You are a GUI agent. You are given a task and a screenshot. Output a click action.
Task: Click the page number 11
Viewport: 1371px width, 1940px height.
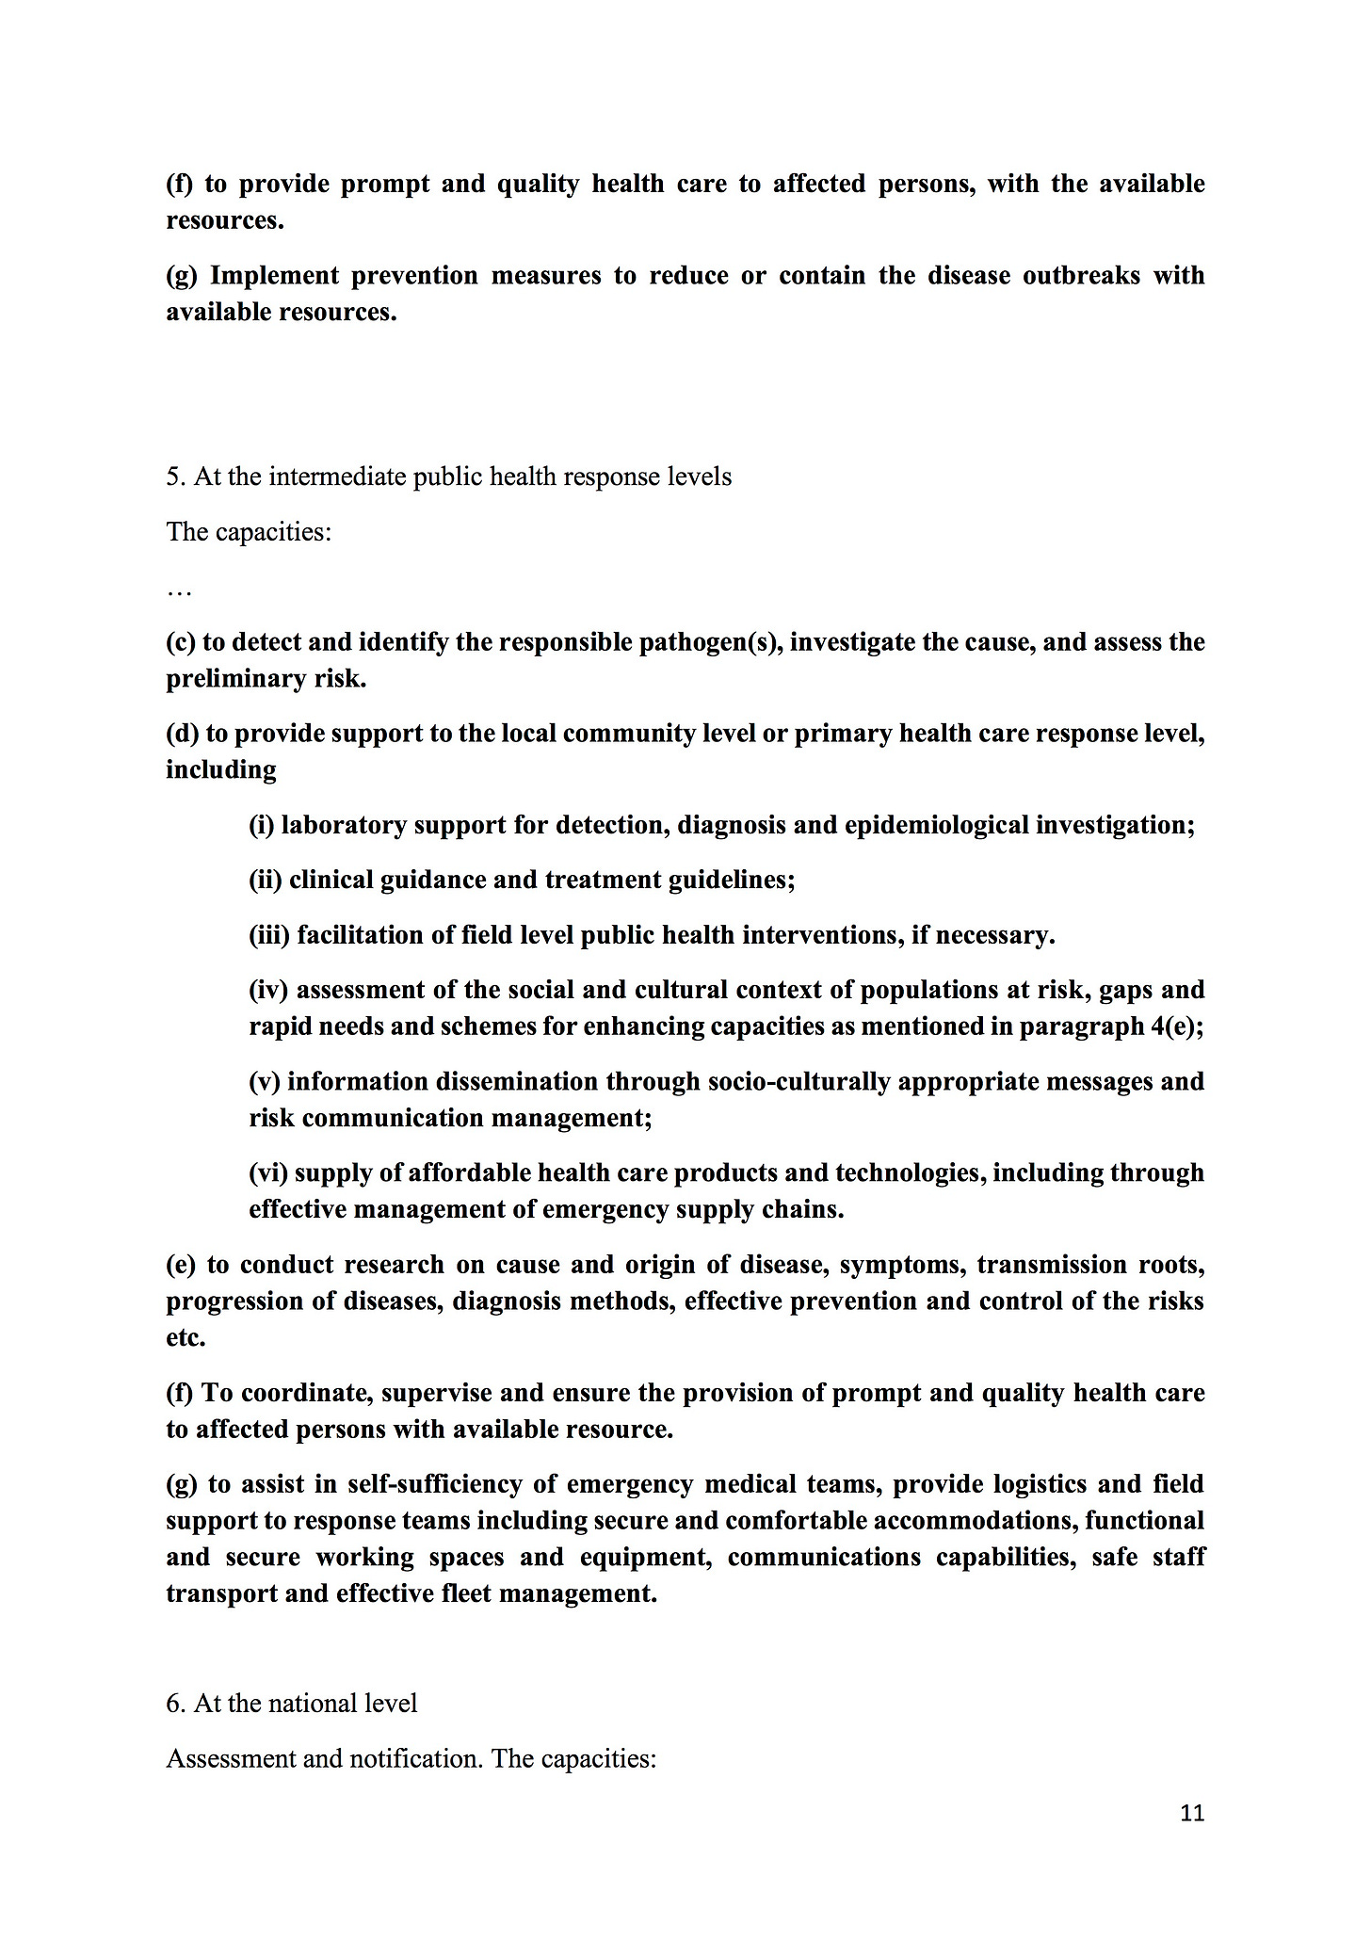tap(1191, 1813)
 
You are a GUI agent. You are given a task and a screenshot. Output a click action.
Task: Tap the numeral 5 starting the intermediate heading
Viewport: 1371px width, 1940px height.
tap(173, 477)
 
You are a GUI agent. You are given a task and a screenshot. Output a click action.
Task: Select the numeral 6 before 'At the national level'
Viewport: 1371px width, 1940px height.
tap(173, 1704)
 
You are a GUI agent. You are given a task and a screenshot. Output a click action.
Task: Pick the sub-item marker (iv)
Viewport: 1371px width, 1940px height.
tap(268, 990)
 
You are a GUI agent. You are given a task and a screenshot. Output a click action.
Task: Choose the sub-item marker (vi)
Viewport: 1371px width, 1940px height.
tap(268, 1172)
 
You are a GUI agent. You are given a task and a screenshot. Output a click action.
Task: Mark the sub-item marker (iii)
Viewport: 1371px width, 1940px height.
tap(270, 935)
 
